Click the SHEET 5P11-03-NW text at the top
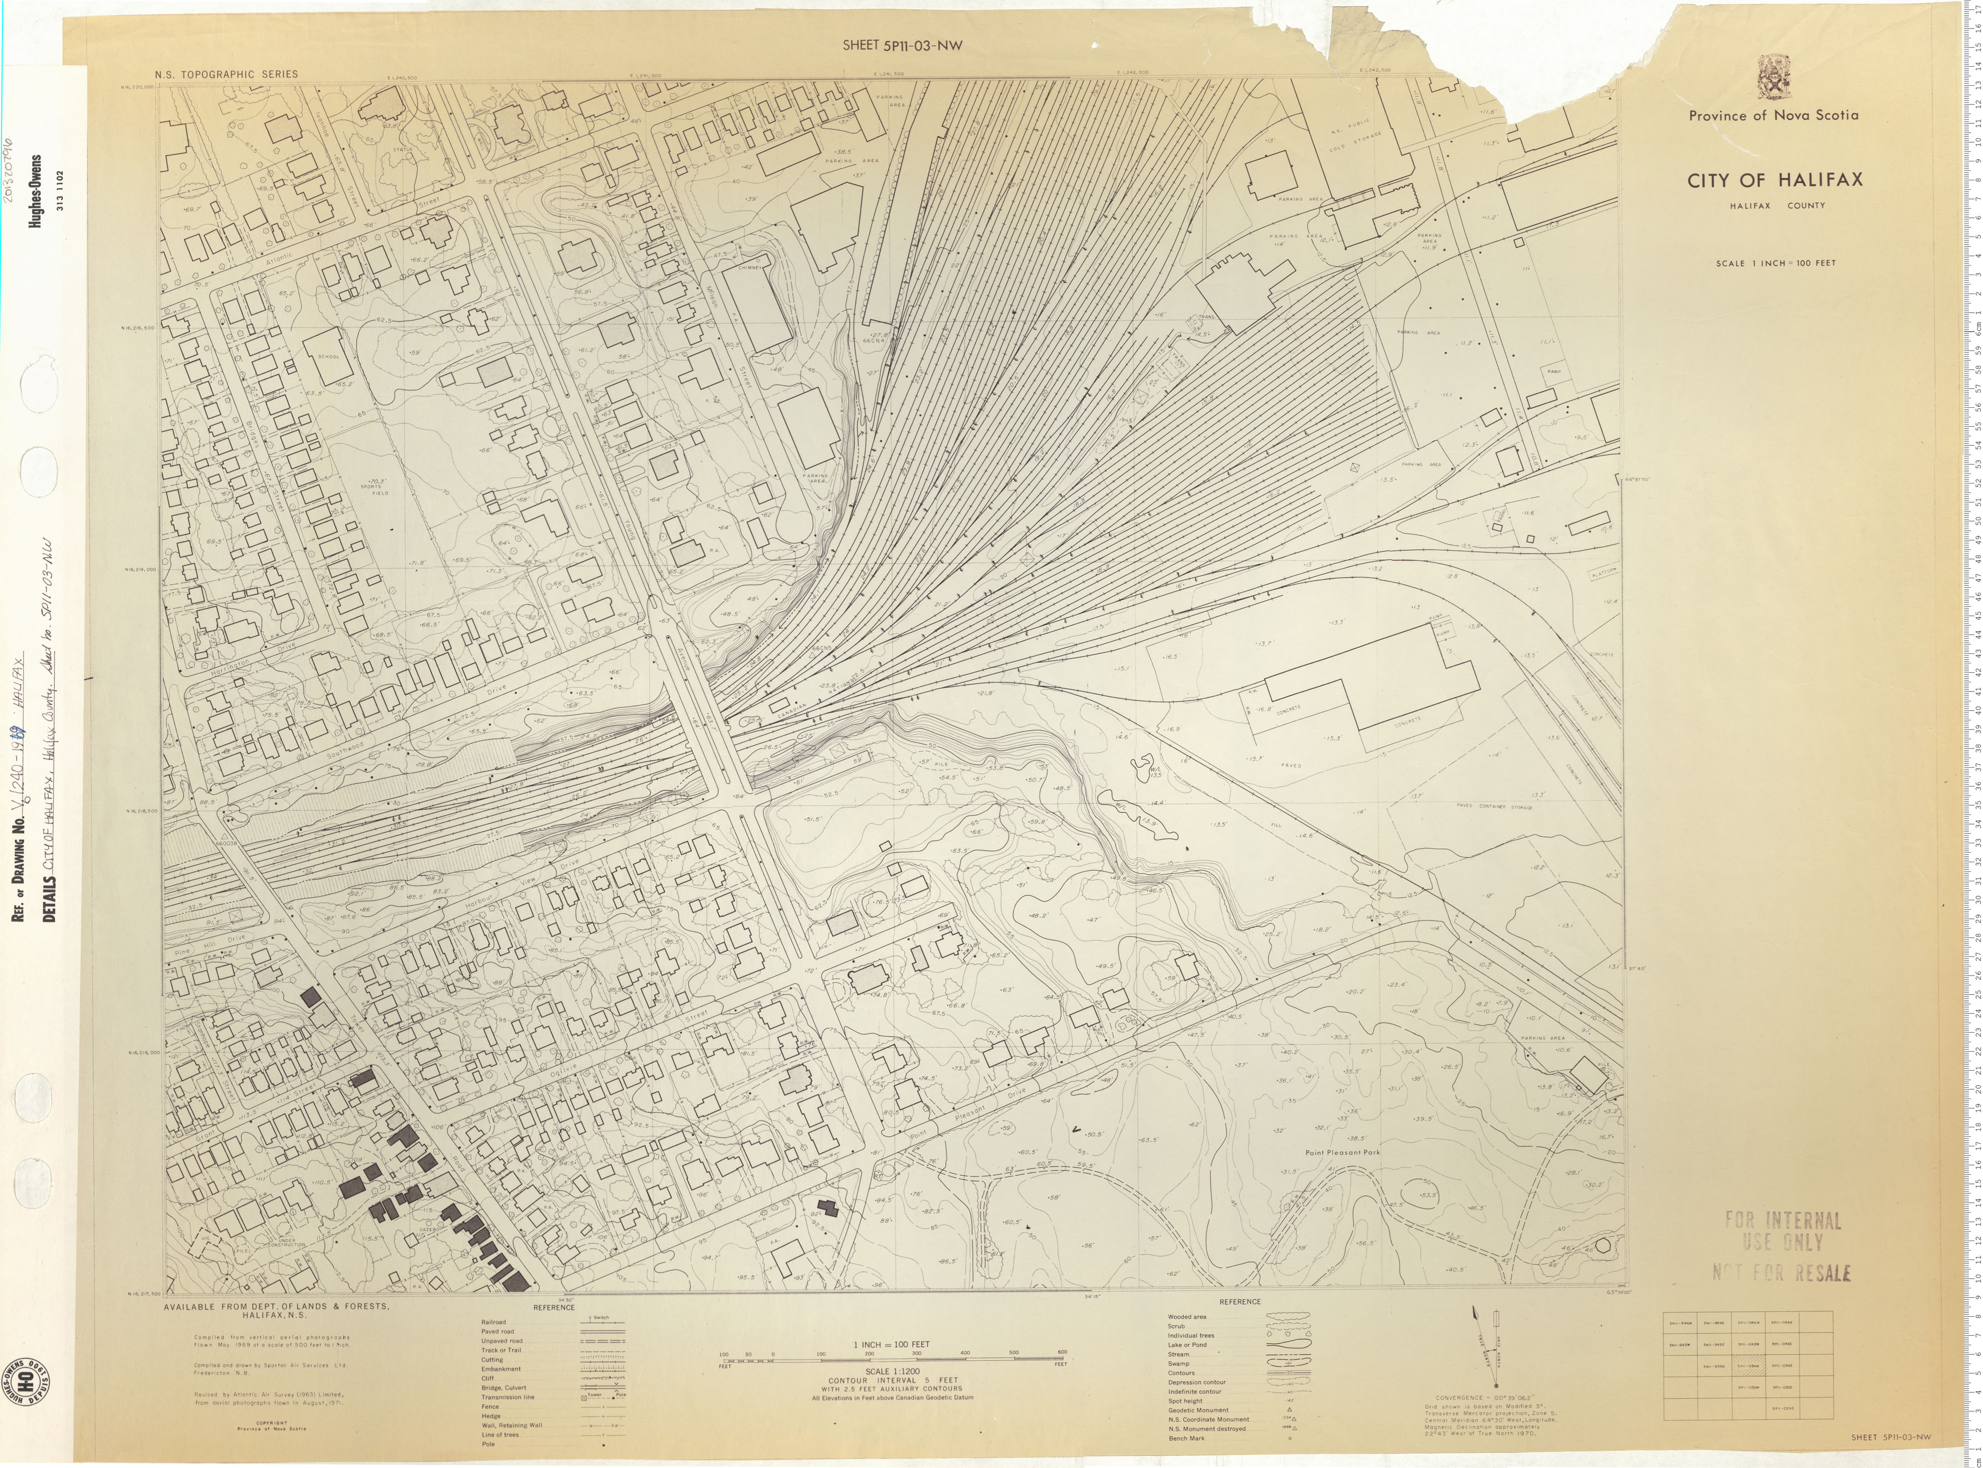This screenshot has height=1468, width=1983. pos(902,46)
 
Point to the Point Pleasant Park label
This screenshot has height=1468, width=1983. pos(1342,1152)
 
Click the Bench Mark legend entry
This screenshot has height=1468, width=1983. pos(1186,1437)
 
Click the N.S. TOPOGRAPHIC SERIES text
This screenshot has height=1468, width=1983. pos(226,75)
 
